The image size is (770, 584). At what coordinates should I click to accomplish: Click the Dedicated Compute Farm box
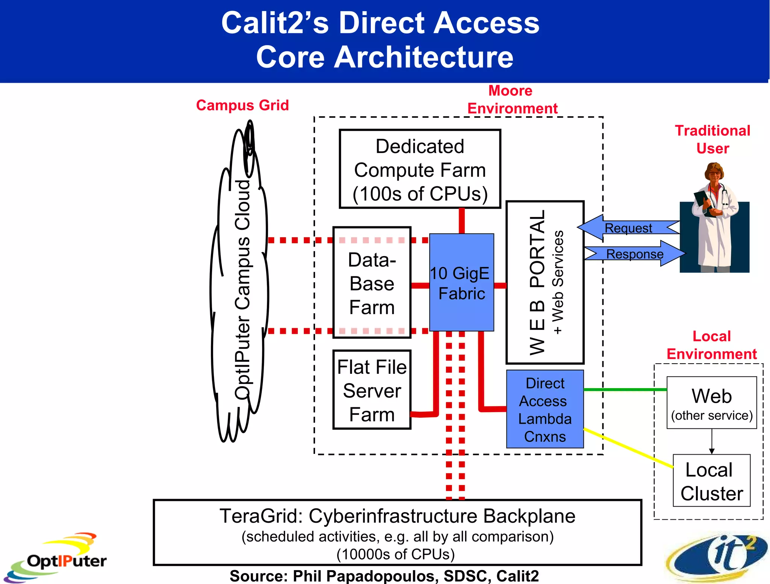coord(420,169)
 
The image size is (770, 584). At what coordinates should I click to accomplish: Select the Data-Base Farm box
coord(372,283)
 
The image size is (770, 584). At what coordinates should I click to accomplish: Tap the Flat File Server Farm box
coord(372,390)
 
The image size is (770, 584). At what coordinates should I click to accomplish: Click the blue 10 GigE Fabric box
coord(461,283)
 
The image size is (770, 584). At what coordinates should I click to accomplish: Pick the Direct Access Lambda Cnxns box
coord(545,409)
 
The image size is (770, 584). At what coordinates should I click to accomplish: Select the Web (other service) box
coord(711,403)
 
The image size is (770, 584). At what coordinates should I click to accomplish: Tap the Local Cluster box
coord(711,481)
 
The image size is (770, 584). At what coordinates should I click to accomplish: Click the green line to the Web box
coord(624,390)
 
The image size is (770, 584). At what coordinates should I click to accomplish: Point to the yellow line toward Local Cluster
coord(628,447)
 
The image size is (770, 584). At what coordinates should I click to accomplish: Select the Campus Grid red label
coord(243,105)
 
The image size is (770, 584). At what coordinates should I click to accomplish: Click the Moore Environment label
coord(512,100)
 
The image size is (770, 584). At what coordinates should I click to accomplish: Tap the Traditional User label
coord(712,140)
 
